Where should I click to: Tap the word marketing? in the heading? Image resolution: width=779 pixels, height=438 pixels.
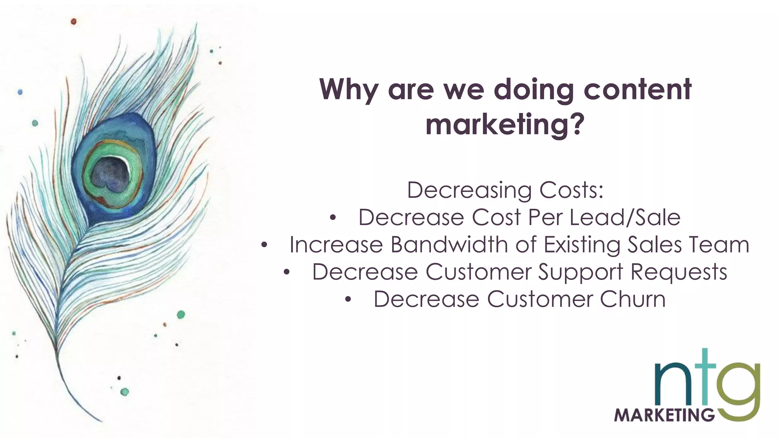tap(505, 124)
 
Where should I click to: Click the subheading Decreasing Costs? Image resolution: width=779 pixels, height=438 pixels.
tap(505, 190)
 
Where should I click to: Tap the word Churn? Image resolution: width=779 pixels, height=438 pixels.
tap(633, 299)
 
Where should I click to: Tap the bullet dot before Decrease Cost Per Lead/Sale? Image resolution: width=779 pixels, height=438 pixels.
tap(333, 218)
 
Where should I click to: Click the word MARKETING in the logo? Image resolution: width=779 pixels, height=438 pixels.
tap(664, 415)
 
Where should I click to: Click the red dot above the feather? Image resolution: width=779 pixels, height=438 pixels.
tap(73, 22)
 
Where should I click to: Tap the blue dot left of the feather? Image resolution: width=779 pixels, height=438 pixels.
tap(20, 92)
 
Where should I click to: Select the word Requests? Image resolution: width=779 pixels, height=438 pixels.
tap(679, 272)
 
